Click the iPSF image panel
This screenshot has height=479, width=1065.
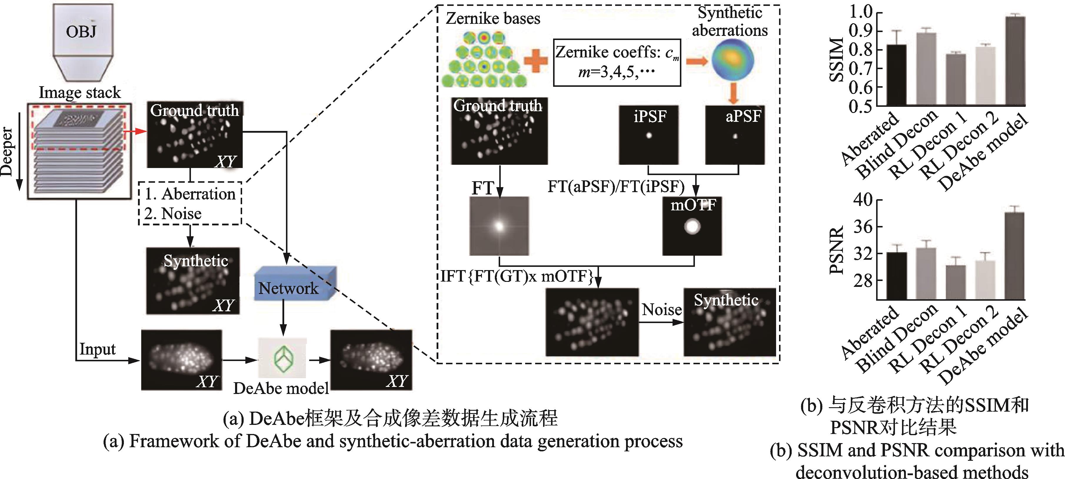click(648, 135)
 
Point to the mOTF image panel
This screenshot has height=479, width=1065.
click(692, 226)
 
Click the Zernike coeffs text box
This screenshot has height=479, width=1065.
click(617, 62)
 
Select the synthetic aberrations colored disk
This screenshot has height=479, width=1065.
click(733, 60)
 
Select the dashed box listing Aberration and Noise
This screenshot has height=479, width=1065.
click(190, 204)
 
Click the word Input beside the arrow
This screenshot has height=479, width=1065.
click(98, 349)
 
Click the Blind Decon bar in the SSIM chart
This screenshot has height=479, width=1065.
click(926, 69)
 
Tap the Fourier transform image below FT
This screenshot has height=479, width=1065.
click(499, 226)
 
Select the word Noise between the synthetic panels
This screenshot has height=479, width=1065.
click(661, 310)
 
